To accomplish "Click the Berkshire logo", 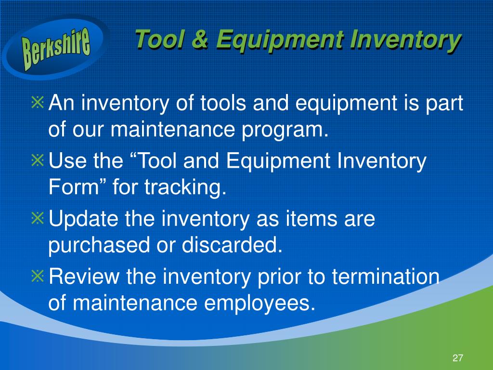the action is [x=56, y=47].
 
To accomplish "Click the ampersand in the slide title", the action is [x=199, y=39].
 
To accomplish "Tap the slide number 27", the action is [x=457, y=358].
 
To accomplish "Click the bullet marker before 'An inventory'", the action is [x=38, y=102].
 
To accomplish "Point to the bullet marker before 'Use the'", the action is [x=38, y=160].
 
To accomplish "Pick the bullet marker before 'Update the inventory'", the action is [x=38, y=218].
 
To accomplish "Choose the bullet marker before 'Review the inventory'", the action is [x=38, y=276].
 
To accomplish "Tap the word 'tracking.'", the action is [x=185, y=188].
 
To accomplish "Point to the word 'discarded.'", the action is [x=232, y=245].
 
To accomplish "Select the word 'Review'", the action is [x=84, y=276].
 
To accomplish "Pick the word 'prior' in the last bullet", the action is [x=279, y=277].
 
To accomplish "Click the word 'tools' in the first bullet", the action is [x=223, y=103].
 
